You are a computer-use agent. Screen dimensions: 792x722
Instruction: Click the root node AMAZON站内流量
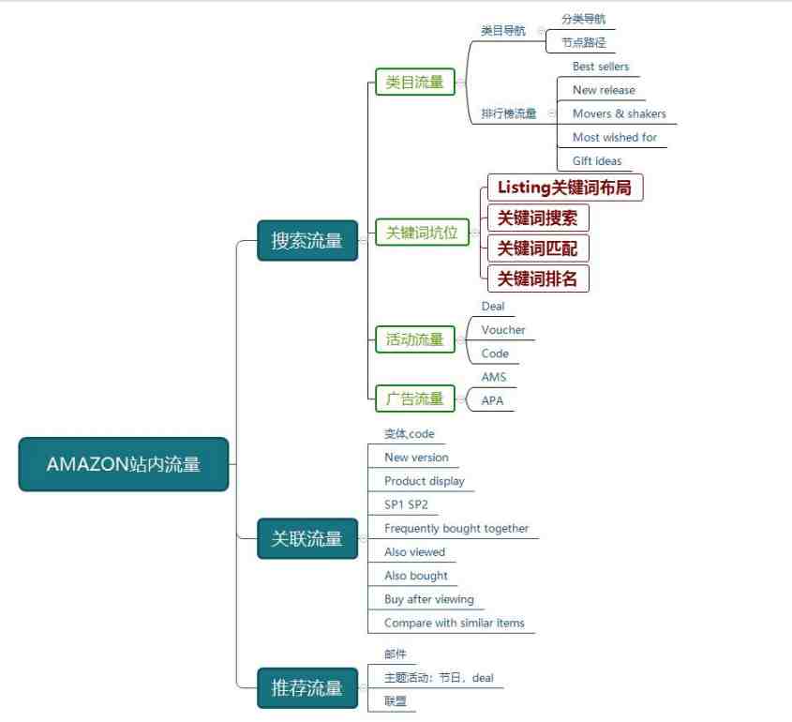tap(124, 464)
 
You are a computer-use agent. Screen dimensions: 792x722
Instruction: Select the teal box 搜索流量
tap(307, 240)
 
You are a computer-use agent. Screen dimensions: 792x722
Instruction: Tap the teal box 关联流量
tap(307, 538)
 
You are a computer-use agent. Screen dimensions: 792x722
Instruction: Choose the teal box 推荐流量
tap(307, 687)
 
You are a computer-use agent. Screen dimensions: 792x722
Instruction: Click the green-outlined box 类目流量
tap(414, 82)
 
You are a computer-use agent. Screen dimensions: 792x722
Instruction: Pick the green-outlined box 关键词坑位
tap(422, 233)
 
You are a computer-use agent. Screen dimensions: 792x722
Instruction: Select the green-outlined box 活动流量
tap(414, 339)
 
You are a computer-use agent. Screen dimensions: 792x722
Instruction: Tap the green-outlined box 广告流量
tap(414, 399)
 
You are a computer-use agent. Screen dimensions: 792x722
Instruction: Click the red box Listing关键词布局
tap(565, 188)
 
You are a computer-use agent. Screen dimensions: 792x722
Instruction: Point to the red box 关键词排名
tap(538, 278)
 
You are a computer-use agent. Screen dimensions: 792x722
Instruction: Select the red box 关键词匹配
tap(538, 248)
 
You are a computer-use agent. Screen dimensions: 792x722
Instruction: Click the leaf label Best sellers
tap(601, 67)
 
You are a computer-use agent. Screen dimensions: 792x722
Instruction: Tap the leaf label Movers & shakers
tap(620, 113)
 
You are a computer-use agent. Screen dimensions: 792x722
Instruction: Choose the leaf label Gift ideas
tap(597, 161)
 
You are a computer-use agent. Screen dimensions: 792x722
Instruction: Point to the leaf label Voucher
tap(503, 330)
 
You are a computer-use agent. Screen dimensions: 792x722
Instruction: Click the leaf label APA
tap(492, 400)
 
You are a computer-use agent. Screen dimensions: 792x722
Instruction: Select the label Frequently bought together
tap(456, 529)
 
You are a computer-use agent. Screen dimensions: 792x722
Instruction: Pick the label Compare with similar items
tap(454, 623)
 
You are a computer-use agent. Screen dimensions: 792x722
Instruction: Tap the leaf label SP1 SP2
tap(406, 504)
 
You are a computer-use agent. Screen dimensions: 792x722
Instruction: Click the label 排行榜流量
tap(509, 113)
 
